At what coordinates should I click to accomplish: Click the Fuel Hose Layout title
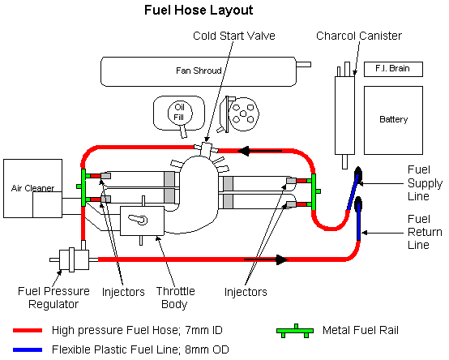click(199, 11)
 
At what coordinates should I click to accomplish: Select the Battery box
click(393, 120)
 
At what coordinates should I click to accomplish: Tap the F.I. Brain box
click(393, 69)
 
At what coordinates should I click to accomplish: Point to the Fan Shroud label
click(199, 71)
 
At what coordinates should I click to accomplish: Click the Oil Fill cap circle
click(180, 113)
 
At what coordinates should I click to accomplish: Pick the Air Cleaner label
click(32, 188)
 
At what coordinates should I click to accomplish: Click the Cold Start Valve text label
click(234, 36)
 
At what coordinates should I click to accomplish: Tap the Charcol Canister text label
click(359, 36)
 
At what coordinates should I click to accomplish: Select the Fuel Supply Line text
click(425, 183)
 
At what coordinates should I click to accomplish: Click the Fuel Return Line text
click(425, 232)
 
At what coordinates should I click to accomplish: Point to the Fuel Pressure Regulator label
click(53, 298)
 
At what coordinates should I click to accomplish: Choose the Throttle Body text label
click(175, 298)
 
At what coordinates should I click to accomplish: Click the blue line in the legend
click(28, 349)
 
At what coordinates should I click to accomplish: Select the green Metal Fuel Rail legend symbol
click(295, 331)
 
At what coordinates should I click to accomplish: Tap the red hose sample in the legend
click(28, 331)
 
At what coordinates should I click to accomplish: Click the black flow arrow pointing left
click(260, 151)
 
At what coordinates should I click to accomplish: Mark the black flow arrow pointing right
click(266, 259)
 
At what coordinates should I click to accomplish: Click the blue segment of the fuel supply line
click(353, 192)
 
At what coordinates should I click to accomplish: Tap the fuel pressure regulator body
click(75, 259)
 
